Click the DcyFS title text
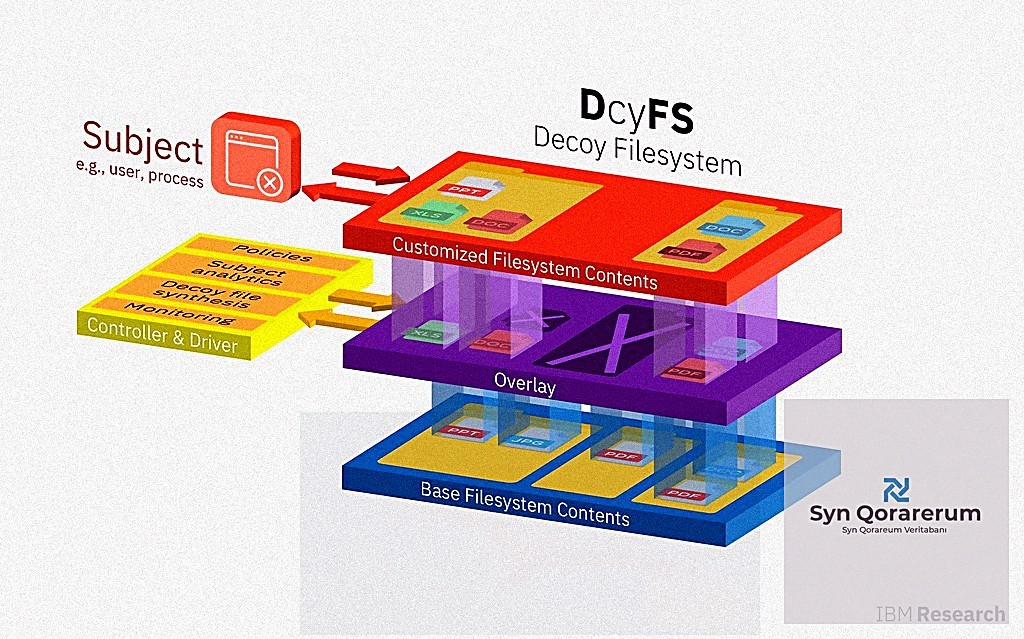(636, 111)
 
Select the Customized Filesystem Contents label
(524, 263)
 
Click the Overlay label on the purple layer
(524, 381)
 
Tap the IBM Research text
(940, 614)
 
